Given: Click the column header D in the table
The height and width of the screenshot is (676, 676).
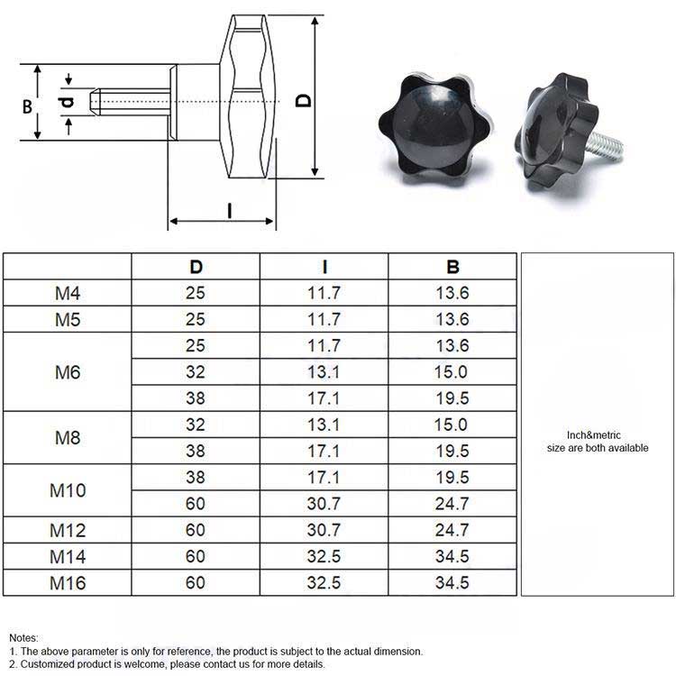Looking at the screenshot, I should coord(196,267).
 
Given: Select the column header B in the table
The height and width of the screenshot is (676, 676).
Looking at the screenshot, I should coord(452,267).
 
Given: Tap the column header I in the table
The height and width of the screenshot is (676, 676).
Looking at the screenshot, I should coord(324,267).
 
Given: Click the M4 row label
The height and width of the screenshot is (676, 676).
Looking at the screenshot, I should coord(68,293).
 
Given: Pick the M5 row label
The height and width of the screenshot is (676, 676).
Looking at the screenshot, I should coord(68,319).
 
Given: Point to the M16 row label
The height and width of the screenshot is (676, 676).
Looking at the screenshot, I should coord(68,583).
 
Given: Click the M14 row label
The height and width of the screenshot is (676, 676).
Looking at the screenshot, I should coord(68,556).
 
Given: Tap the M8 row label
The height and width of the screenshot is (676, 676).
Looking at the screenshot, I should coord(68,438).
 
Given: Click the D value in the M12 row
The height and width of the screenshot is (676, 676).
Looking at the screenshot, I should coord(196,530).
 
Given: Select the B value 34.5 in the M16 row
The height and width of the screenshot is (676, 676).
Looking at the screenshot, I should coord(452,583).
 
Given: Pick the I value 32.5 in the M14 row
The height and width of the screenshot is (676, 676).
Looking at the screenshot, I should coord(324,556).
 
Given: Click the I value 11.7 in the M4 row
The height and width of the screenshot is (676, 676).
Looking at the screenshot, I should coord(324,293).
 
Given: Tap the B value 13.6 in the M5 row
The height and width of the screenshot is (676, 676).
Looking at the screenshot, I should coord(452,319).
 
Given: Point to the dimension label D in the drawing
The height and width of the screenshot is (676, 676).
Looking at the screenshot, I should coord(305,98).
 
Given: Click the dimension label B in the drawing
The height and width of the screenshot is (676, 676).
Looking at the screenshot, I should coord(27,105).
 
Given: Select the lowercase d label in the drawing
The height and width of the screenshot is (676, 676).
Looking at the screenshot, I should coord(68,103).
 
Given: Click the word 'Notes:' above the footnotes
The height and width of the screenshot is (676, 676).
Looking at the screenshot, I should coord(24,638).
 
